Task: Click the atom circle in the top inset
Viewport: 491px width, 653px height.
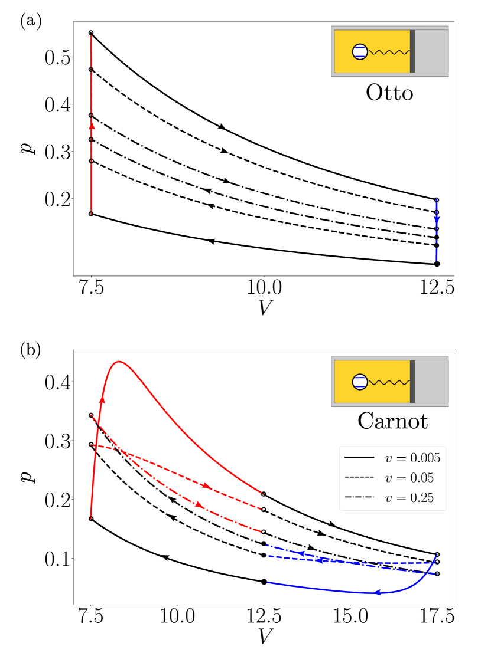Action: [x=360, y=52]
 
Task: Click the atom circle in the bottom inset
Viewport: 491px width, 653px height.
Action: [x=360, y=382]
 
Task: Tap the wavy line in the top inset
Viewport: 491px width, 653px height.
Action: [x=389, y=52]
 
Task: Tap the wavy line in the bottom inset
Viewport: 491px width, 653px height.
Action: [x=389, y=382]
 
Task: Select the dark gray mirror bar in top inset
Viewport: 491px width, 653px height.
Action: [x=412, y=51]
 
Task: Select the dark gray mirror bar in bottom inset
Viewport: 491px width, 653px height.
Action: [x=412, y=382]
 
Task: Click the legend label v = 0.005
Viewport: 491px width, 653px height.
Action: [x=412, y=458]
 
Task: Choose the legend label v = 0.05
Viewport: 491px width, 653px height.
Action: [x=409, y=478]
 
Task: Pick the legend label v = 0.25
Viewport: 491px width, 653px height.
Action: [x=409, y=498]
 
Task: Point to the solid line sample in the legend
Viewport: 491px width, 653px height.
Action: [x=359, y=458]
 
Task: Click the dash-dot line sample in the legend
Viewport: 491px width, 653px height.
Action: [x=359, y=498]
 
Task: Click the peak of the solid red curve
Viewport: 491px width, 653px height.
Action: [x=119, y=362]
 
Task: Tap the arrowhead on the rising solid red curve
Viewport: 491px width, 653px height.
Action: [x=102, y=401]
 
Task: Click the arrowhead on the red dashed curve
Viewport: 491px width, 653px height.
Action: [x=206, y=485]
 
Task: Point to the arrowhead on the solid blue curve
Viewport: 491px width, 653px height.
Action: [x=379, y=592]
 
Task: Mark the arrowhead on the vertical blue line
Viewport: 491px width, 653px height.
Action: [x=437, y=219]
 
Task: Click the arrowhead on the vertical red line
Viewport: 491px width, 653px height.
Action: [x=92, y=125]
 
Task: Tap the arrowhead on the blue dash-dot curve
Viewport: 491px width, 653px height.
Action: [x=301, y=553]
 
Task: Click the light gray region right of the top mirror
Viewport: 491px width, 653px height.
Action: [x=431, y=51]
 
